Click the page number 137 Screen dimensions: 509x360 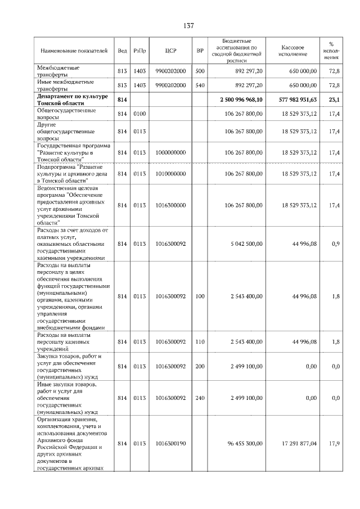coord(188,26)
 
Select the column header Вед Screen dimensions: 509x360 coord(122,51)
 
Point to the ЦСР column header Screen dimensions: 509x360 coord(171,51)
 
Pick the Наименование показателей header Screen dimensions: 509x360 coord(73,51)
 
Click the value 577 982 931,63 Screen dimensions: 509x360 coord(293,100)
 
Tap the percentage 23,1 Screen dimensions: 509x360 coord(334,100)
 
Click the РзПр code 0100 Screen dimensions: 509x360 coord(139,114)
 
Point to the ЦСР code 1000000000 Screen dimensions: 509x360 coord(171,152)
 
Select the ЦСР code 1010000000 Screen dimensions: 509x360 coord(171,174)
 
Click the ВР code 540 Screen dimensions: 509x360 coord(199,85)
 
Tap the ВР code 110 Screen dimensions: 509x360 coord(199,341)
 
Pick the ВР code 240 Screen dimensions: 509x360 coord(199,398)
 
